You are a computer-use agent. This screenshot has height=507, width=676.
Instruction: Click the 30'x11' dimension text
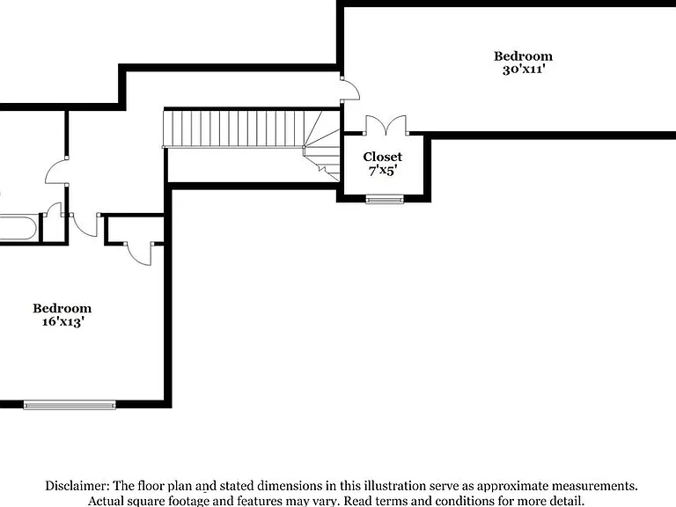[524, 70]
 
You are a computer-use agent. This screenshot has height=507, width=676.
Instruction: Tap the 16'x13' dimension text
[62, 321]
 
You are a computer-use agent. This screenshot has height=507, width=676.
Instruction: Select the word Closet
[382, 157]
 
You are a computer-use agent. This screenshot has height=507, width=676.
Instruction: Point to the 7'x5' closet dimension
[382, 171]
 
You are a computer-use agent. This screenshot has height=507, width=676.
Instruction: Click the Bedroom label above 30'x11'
[523, 56]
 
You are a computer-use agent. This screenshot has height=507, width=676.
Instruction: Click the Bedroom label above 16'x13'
[62, 308]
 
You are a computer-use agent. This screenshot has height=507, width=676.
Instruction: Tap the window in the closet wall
[385, 199]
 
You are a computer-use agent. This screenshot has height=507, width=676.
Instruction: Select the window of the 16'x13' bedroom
[70, 405]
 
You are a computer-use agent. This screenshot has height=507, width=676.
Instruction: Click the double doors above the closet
[386, 125]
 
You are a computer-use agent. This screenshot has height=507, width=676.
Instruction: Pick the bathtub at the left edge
[18, 228]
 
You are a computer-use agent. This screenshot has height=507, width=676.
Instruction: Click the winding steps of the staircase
[322, 146]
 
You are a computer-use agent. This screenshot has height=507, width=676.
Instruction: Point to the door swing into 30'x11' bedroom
[350, 90]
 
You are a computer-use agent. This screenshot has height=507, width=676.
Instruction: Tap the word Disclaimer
[77, 486]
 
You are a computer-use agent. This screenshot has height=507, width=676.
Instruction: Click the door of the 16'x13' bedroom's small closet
[139, 254]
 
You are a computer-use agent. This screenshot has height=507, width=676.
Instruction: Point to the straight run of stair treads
[233, 129]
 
